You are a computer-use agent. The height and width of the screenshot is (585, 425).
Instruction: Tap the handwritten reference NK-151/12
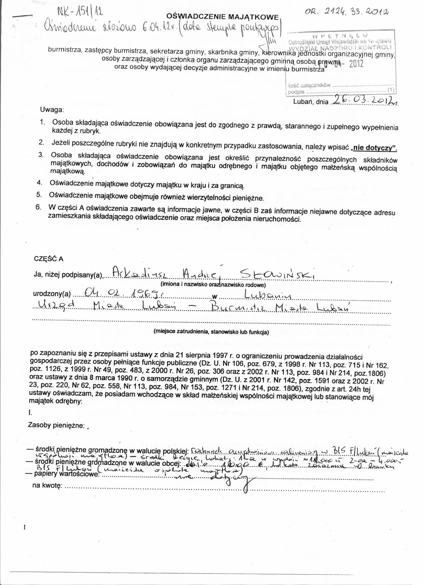80,13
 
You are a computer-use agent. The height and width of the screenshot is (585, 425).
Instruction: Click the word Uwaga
52,109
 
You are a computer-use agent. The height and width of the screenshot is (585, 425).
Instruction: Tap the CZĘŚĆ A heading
49,259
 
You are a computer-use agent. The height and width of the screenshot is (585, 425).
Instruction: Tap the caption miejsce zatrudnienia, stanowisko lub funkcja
211,332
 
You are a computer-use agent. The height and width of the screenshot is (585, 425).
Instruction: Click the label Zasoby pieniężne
56,425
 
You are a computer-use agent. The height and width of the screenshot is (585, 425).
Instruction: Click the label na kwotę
47,485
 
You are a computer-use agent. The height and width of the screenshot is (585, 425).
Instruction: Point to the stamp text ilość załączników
309,85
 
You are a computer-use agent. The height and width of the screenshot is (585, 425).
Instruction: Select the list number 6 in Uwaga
39,207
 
